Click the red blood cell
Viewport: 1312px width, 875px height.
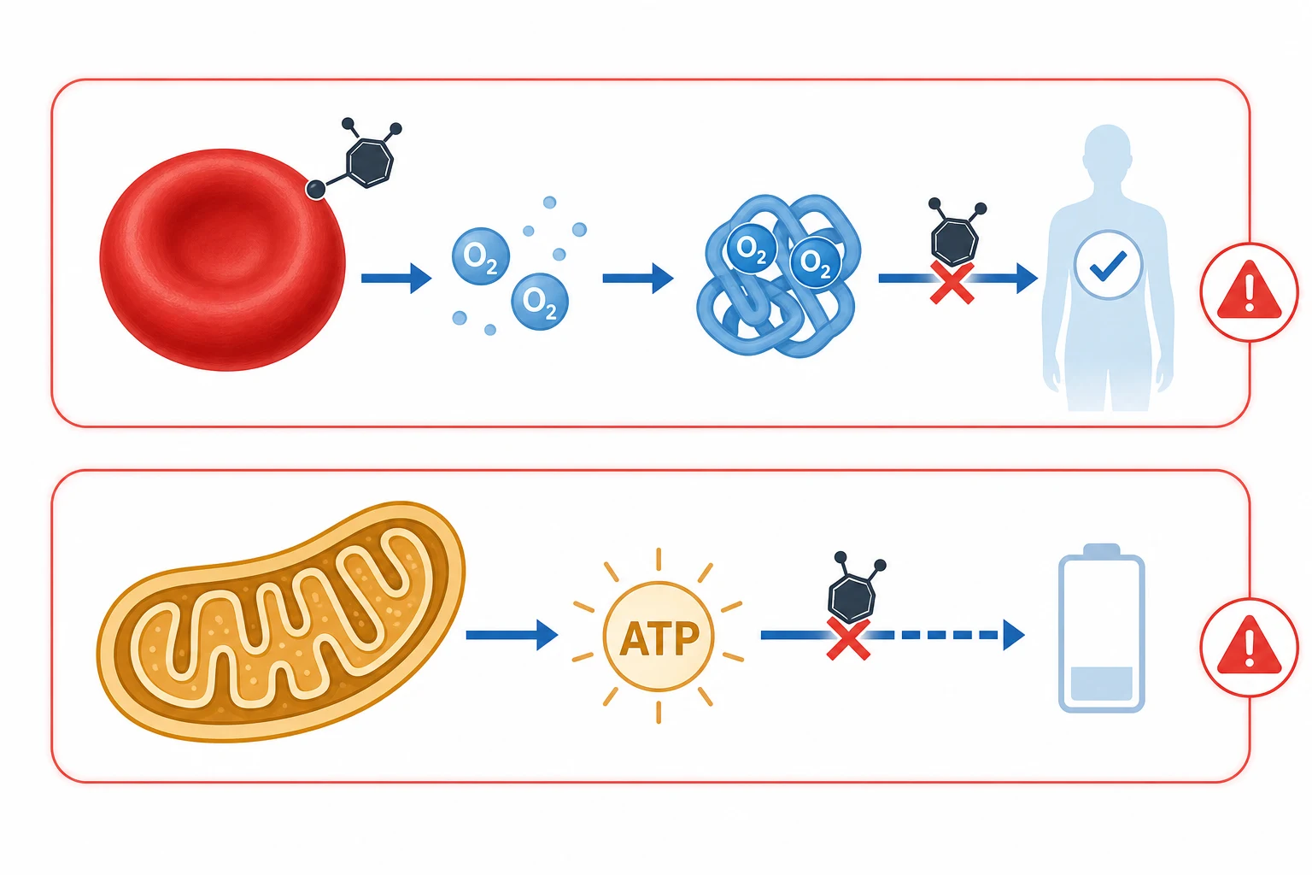coord(223,260)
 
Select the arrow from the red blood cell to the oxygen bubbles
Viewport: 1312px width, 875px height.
coord(396,278)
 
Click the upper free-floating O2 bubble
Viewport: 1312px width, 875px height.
coord(481,256)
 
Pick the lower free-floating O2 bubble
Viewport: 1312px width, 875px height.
coord(540,302)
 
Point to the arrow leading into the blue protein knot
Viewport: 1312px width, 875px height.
coord(638,278)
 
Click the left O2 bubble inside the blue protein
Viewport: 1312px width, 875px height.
coord(752,249)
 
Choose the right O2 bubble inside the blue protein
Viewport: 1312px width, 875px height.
coord(816,263)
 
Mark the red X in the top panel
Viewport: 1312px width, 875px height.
coord(952,283)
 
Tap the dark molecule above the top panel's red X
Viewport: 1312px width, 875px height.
coord(955,234)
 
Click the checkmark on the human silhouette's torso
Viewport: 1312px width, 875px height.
coord(1108,266)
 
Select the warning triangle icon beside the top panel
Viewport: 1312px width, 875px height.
coord(1249,291)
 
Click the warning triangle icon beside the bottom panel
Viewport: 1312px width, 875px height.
coord(1249,647)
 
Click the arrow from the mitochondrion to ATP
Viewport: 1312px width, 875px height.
coord(512,635)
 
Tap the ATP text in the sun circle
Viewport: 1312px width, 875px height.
coord(659,638)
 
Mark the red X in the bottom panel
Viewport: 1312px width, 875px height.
coord(848,639)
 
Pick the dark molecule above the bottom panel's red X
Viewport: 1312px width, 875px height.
coord(852,592)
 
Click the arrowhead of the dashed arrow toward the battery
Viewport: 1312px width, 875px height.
coord(1014,635)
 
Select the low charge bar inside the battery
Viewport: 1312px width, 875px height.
coord(1101,683)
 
